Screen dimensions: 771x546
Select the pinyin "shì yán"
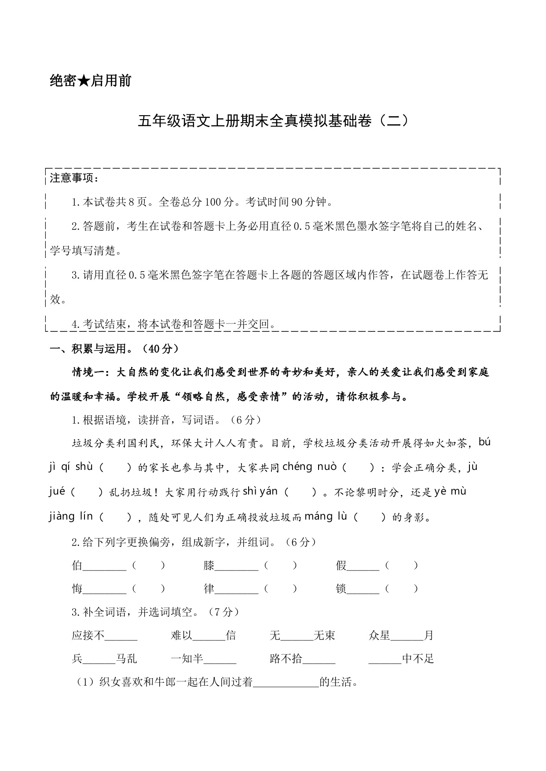(x=260, y=491)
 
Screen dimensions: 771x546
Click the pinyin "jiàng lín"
(x=71, y=516)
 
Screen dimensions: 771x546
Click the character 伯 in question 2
(x=77, y=565)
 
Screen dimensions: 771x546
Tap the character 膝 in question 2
(x=209, y=565)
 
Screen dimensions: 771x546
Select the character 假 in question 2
(x=341, y=565)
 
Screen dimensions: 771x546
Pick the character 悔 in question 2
(x=77, y=589)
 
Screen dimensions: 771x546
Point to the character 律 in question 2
(x=209, y=589)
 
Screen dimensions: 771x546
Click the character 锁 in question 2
(x=341, y=589)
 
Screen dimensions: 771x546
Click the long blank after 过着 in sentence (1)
(x=286, y=683)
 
